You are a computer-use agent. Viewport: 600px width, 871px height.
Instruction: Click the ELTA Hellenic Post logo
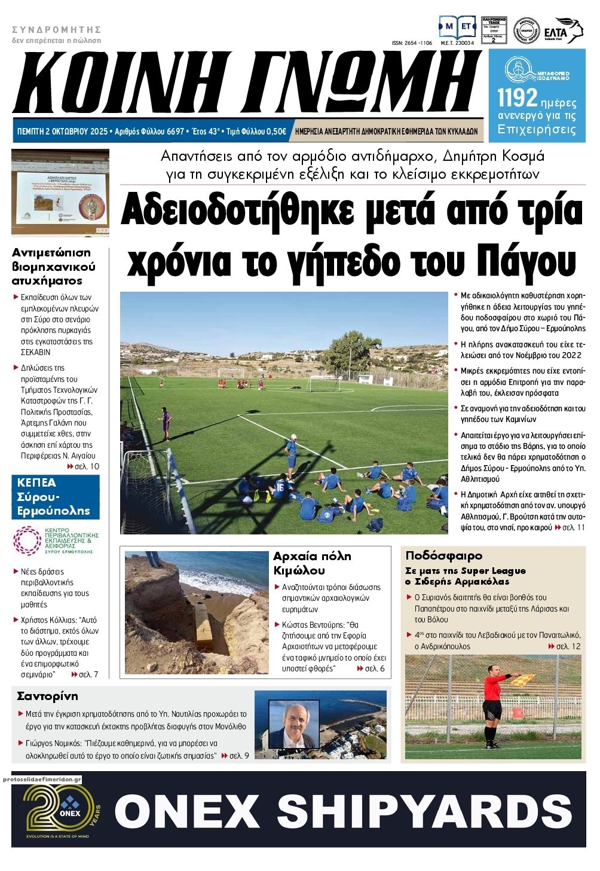[x=562, y=30]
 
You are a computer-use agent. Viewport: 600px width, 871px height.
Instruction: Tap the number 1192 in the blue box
[x=517, y=98]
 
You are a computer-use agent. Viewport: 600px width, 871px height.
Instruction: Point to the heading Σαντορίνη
[x=47, y=696]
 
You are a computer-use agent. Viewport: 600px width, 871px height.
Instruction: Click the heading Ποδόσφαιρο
[x=443, y=556]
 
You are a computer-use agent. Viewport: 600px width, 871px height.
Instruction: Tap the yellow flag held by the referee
[x=528, y=678]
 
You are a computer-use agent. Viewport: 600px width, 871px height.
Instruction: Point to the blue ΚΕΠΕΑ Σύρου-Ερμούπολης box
[x=55, y=497]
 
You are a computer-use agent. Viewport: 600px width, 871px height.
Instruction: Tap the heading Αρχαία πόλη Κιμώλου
[x=312, y=563]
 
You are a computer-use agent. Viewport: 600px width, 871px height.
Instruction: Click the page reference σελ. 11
[x=574, y=527]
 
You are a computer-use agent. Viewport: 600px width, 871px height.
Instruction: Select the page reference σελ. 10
[x=87, y=466]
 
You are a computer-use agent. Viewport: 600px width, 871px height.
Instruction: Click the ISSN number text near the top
[x=411, y=43]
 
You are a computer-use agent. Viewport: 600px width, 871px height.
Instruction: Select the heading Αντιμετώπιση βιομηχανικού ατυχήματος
[x=54, y=267]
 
